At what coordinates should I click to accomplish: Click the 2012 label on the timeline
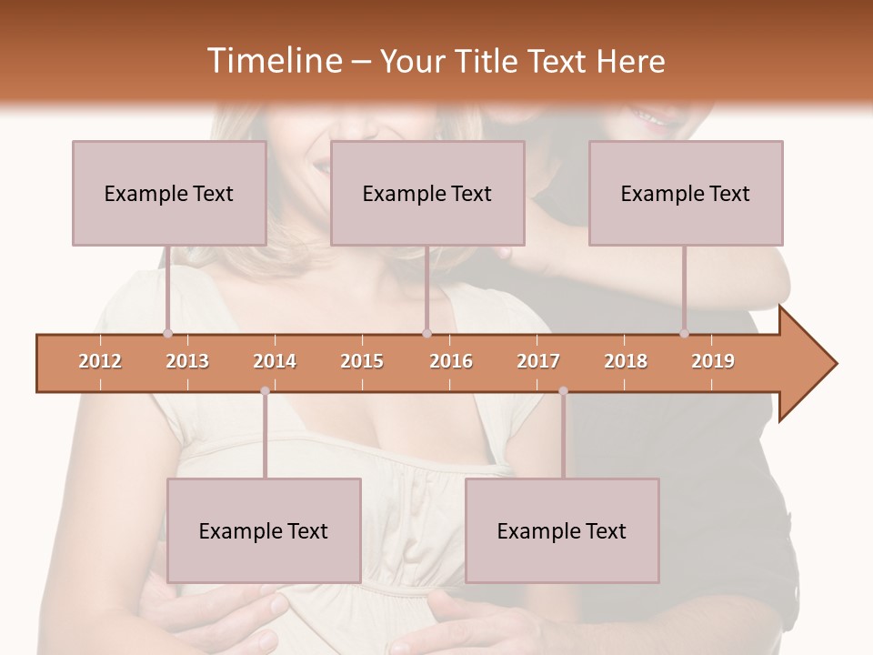(x=100, y=361)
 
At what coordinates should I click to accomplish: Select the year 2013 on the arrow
(x=187, y=361)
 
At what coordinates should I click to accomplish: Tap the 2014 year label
(x=275, y=361)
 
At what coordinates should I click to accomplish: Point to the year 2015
(x=362, y=361)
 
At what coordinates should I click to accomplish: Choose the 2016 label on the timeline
(x=451, y=361)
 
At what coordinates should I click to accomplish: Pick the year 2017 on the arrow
(x=538, y=361)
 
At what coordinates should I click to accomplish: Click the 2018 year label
(x=626, y=361)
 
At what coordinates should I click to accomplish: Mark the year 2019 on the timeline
(x=713, y=361)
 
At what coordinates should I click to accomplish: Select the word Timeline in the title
(x=273, y=61)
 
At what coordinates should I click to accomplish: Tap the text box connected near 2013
(x=169, y=193)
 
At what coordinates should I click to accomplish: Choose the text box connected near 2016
(x=427, y=193)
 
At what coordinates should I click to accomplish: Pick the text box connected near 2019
(x=686, y=193)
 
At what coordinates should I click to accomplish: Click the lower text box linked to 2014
(x=264, y=530)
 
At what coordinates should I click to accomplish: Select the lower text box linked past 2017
(x=562, y=530)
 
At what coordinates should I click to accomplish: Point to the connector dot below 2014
(x=265, y=391)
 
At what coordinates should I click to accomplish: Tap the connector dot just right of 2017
(x=563, y=391)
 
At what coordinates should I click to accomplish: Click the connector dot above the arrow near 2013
(x=167, y=333)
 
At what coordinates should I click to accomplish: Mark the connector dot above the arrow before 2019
(x=684, y=333)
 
